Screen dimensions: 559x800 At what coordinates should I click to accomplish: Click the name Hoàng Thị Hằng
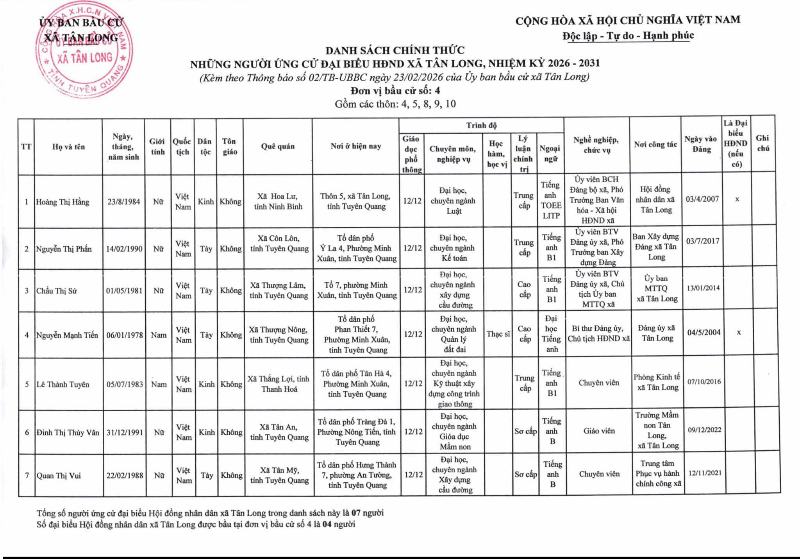(x=62, y=202)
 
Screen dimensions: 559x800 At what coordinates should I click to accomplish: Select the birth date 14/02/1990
(x=124, y=249)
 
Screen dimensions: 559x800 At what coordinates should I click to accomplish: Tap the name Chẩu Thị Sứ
(x=57, y=291)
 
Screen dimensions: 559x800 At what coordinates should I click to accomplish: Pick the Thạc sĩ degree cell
(x=498, y=334)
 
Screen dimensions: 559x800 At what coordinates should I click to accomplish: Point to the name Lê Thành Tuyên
(x=62, y=385)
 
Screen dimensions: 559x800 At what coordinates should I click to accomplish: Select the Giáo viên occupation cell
(x=599, y=431)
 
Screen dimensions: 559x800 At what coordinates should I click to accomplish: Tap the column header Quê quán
(x=278, y=147)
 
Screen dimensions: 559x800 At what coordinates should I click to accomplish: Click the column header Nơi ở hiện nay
(x=355, y=147)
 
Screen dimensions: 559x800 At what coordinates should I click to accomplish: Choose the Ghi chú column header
(x=762, y=143)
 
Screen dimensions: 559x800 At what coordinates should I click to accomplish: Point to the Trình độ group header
(x=481, y=125)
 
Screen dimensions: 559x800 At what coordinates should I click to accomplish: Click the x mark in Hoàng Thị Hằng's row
(x=737, y=199)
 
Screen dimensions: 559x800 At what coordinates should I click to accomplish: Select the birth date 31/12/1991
(x=125, y=433)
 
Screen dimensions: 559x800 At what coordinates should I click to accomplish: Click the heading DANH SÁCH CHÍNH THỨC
(x=395, y=50)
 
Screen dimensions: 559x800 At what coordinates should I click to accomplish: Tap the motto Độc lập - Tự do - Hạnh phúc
(x=628, y=36)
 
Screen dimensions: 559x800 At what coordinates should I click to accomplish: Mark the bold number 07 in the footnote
(x=356, y=513)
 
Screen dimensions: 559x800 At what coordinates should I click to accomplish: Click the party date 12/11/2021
(x=705, y=473)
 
